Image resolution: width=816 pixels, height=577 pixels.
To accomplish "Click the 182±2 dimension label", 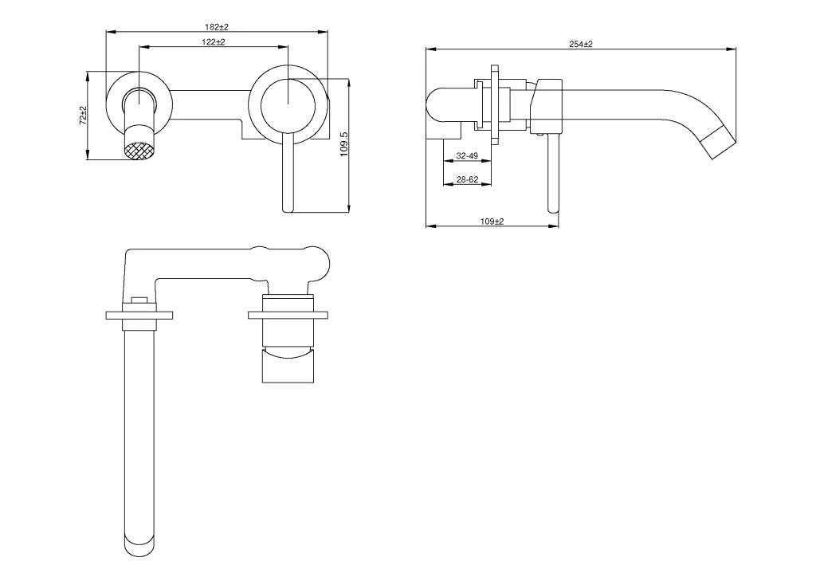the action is [217, 26].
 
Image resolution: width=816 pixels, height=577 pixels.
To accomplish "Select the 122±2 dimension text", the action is [214, 41].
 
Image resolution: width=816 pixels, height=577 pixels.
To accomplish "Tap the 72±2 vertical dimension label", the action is [82, 115].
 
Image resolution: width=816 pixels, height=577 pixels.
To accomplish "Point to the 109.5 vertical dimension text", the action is [343, 144].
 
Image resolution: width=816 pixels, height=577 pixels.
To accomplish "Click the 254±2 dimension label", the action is [581, 44].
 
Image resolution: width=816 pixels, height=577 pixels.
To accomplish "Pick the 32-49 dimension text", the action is [467, 155].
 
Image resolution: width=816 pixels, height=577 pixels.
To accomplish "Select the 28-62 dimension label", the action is [467, 179].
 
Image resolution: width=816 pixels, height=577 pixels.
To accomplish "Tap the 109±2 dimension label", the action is [492, 221].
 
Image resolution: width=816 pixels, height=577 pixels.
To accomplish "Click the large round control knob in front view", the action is [288, 104].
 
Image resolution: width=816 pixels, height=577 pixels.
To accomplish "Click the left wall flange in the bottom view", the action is [139, 316].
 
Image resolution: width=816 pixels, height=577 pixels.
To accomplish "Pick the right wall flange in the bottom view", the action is [288, 315].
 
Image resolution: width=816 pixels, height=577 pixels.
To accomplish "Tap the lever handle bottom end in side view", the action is [552, 208].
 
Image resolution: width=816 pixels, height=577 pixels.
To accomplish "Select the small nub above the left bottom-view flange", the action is [139, 300].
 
